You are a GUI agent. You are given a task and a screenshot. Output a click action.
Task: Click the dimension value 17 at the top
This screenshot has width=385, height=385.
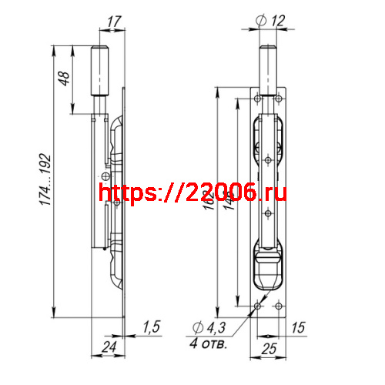pyautogui.click(x=114, y=23)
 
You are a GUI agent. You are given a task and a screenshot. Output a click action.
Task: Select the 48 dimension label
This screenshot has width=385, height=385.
pyautogui.click(x=65, y=79)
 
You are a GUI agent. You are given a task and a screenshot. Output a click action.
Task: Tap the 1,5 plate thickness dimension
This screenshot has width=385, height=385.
pyautogui.click(x=151, y=326)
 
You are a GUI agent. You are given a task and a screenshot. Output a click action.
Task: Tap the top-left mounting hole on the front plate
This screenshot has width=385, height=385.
pyautogui.click(x=257, y=99)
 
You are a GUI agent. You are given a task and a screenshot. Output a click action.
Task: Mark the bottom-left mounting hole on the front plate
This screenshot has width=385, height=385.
pyautogui.click(x=257, y=306)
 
